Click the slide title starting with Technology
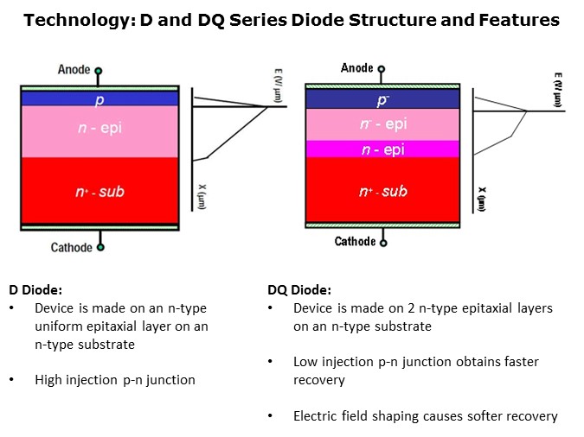tap(292, 19)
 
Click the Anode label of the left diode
tap(74, 69)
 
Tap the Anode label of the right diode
tap(356, 67)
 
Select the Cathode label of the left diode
tap(71, 248)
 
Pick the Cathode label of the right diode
tap(356, 241)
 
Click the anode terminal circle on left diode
tap(99, 71)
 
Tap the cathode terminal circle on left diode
tap(100, 247)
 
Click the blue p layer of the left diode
tap(99, 98)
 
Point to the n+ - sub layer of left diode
tap(99, 192)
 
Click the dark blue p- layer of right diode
tap(382, 98)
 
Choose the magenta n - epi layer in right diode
tap(382, 149)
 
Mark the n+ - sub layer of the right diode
tap(382, 191)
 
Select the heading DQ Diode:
tap(299, 290)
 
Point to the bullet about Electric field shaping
tap(425, 415)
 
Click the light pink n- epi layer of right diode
tap(382, 124)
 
